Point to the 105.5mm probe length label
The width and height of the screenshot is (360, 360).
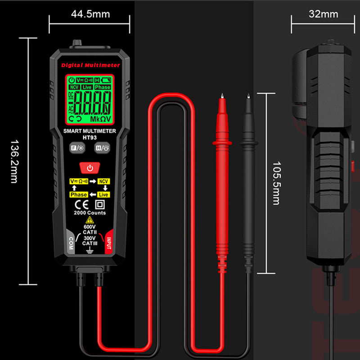pyautogui.click(x=276, y=183)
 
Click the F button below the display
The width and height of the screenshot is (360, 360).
pyautogui.click(x=76, y=147)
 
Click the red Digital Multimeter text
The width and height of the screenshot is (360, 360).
pyautogui.click(x=90, y=65)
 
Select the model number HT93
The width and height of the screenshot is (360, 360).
pyautogui.click(x=90, y=137)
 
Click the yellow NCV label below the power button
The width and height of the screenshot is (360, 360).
pyautogui.click(x=104, y=181)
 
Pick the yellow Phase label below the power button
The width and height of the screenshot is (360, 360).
pyautogui.click(x=78, y=194)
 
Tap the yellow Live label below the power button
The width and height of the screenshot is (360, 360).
pyautogui.click(x=103, y=194)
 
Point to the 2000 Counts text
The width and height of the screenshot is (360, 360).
pyautogui.click(x=90, y=213)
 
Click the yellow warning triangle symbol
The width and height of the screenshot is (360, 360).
pyautogui.click(x=90, y=220)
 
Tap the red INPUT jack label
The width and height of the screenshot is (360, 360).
pyautogui.click(x=108, y=242)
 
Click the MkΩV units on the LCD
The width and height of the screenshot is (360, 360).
pyautogui.click(x=101, y=119)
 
